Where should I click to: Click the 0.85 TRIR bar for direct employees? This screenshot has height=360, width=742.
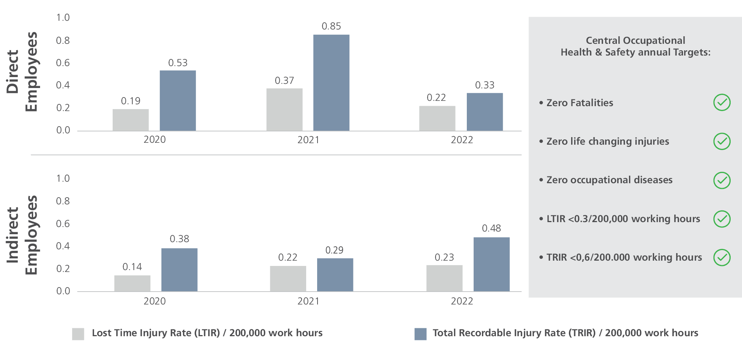pyautogui.click(x=331, y=83)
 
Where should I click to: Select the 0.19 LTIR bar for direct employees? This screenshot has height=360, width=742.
pyautogui.click(x=130, y=120)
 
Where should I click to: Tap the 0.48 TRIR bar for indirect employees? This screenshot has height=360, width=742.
pyautogui.click(x=491, y=264)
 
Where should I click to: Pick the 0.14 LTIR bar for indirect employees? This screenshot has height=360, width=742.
pyautogui.click(x=132, y=283)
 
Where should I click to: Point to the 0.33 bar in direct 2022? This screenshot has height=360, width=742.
pyautogui.click(x=485, y=112)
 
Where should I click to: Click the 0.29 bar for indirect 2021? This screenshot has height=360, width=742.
pyautogui.click(x=335, y=275)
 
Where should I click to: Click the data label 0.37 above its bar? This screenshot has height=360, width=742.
pyautogui.click(x=284, y=80)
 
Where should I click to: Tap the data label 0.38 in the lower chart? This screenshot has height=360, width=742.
pyautogui.click(x=179, y=239)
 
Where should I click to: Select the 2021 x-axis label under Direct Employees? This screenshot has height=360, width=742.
pyautogui.click(x=308, y=140)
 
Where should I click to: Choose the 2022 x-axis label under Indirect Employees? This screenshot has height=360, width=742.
pyautogui.click(x=462, y=301)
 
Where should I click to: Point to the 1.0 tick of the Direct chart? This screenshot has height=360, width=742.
pyautogui.click(x=63, y=18)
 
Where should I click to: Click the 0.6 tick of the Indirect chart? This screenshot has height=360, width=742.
pyautogui.click(x=63, y=224)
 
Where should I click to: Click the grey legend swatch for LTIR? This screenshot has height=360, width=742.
pyautogui.click(x=78, y=334)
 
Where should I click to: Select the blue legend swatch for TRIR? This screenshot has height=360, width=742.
pyautogui.click(x=420, y=334)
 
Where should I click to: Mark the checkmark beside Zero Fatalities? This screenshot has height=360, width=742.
pyautogui.click(x=722, y=102)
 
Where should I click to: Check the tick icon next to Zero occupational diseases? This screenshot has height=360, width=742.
pyautogui.click(x=722, y=180)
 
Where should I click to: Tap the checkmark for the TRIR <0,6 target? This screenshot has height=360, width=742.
pyautogui.click(x=722, y=258)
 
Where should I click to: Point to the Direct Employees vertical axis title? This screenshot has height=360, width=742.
pyautogui.click(x=22, y=72)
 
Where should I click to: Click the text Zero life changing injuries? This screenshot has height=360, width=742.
pyautogui.click(x=607, y=141)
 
